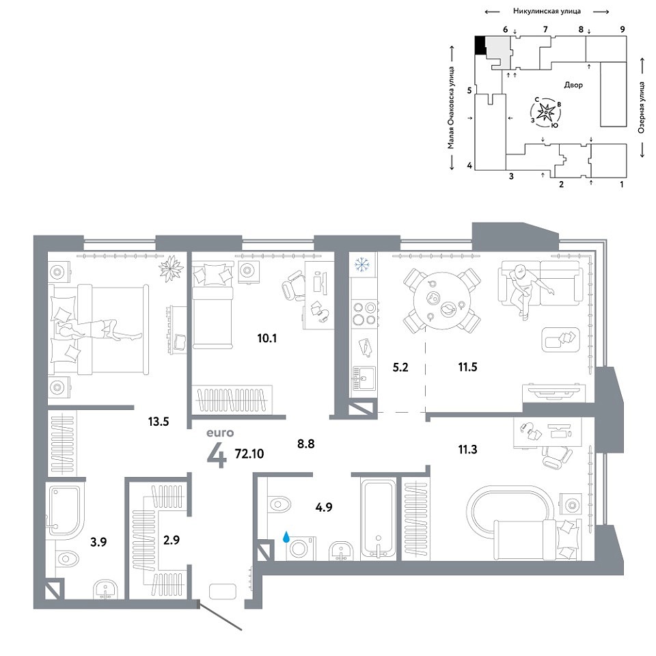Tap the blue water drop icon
pyautogui.click(x=286, y=537)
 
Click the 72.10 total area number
pyautogui.click(x=249, y=454)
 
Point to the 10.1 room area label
pyautogui.click(x=267, y=338)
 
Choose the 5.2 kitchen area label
pyautogui.click(x=400, y=368)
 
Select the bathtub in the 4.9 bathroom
pyautogui.click(x=378, y=519)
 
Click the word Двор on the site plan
pyautogui.click(x=573, y=85)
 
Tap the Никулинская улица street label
pyautogui.click(x=547, y=12)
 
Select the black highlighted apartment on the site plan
pyautogui.click(x=480, y=46)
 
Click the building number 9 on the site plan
pyautogui.click(x=623, y=29)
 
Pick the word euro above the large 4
pyautogui.click(x=220, y=433)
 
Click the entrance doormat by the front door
pyautogui.click(x=223, y=592)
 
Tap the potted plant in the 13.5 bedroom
pyautogui.click(x=171, y=268)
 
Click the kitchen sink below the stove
pyautogui.click(x=362, y=378)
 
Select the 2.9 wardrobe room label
pyautogui.click(x=171, y=540)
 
